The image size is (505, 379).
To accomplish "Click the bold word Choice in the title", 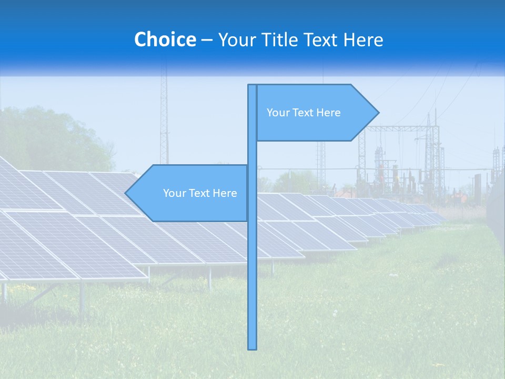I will point(165,39).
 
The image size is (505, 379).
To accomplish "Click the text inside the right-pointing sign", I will point(304,113).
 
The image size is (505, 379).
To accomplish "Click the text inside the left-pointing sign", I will point(200,193).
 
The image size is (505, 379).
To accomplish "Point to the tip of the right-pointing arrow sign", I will point(378,113).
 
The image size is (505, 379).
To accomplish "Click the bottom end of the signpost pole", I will point(252,347).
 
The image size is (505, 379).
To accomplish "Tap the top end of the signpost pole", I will point(252,86).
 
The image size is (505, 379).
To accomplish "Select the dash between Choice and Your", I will point(207,40).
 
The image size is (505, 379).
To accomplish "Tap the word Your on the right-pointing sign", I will point(277,113).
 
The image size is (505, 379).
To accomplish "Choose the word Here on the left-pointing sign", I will point(225,193).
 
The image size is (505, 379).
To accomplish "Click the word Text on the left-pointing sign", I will point(200,193).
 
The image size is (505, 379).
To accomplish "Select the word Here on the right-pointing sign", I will point(329,113).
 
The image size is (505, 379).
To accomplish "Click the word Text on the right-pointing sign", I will point(304,113).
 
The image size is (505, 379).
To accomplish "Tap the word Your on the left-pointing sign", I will point(174,193).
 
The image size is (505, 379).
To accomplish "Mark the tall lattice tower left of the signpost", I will point(164,121).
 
